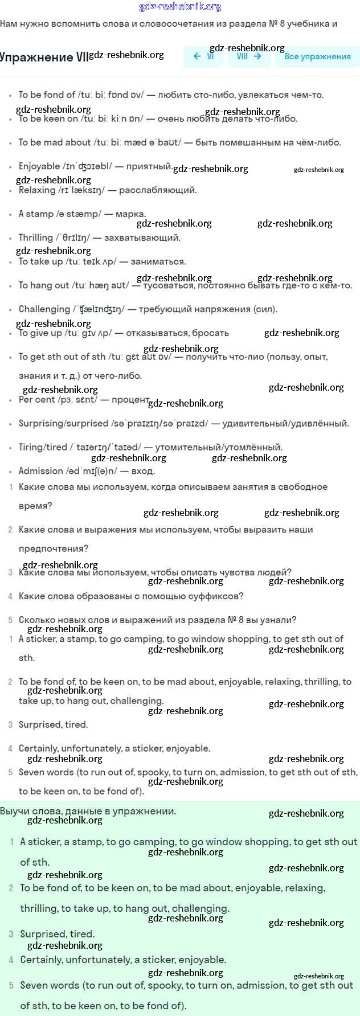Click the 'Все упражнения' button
[x=317, y=56]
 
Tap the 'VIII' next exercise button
[x=249, y=56]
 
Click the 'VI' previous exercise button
[x=203, y=56]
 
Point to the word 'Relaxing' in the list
[x=37, y=190]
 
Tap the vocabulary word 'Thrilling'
[x=35, y=238]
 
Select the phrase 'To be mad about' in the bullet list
[x=55, y=142]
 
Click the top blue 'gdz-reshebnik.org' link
[x=180, y=7]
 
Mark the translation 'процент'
[x=131, y=400]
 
